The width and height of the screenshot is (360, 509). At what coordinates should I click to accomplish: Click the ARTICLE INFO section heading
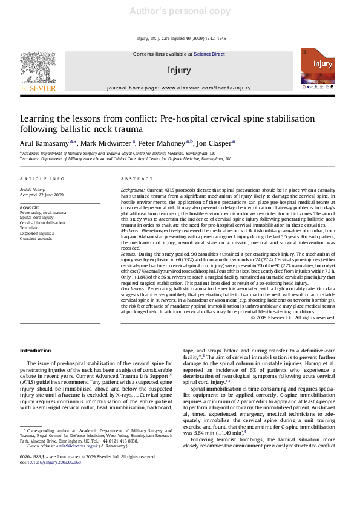[x=42, y=179]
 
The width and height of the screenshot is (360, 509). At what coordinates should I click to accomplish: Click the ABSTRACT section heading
[x=133, y=179]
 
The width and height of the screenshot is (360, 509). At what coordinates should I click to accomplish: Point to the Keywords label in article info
[x=29, y=207]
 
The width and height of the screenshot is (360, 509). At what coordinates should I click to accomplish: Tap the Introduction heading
[x=36, y=351]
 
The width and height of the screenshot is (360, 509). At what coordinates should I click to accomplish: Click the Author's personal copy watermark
[x=180, y=11]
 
